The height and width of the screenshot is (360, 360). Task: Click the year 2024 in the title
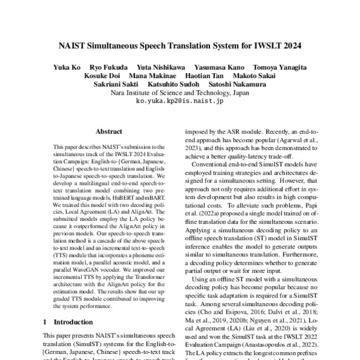point(289,45)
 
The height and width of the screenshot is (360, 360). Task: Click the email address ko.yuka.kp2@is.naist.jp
point(179,102)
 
